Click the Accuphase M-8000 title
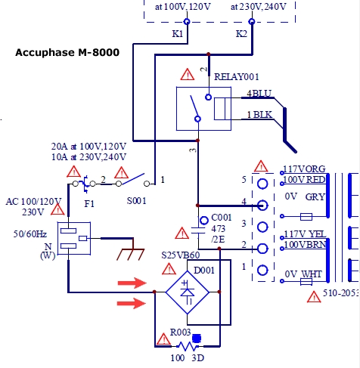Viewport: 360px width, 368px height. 67,52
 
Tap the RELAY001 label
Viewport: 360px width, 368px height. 237,77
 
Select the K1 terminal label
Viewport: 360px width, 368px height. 178,34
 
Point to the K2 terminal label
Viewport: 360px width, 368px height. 241,34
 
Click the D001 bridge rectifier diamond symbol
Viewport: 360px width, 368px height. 188,292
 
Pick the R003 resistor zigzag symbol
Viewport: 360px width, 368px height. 188,347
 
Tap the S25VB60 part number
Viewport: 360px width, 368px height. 181,255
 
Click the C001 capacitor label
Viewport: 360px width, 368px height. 222,218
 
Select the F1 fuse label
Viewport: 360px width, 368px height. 89,203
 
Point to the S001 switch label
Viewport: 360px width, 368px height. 136,201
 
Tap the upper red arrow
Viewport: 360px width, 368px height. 132,283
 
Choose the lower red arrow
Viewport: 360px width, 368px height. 132,303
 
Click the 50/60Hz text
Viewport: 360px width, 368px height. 30,234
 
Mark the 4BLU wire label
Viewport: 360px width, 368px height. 259,94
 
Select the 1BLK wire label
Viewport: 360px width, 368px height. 259,115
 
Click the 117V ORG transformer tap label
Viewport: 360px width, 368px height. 304,169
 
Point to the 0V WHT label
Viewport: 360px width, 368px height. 303,274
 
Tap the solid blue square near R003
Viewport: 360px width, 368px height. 197,339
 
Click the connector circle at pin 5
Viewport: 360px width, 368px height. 262,184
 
